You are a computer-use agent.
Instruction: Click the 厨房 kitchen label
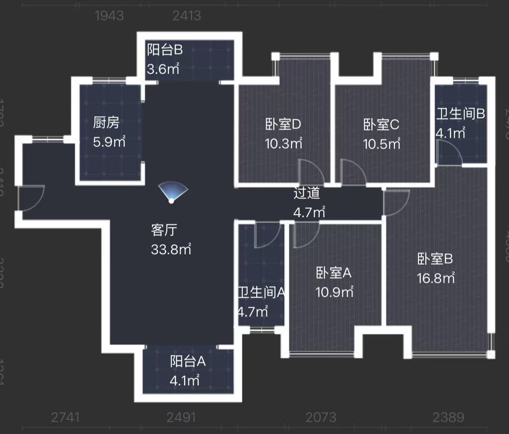(x=106, y=123)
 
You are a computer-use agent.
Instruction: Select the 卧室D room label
(x=283, y=125)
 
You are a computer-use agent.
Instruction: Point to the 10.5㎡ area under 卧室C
(x=382, y=143)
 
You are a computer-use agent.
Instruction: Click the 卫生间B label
(x=460, y=114)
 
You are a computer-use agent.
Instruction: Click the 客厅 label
(x=163, y=230)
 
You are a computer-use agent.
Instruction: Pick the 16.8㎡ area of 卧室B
(x=436, y=278)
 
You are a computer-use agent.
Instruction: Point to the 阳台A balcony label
(x=188, y=361)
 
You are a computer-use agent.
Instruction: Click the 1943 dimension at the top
(x=109, y=16)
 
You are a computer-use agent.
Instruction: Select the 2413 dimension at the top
(x=186, y=16)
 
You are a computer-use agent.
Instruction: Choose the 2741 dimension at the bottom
(x=65, y=417)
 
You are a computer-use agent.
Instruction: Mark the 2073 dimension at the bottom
(x=321, y=417)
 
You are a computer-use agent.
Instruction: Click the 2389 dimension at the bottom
(x=448, y=417)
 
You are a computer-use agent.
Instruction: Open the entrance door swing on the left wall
(x=31, y=198)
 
